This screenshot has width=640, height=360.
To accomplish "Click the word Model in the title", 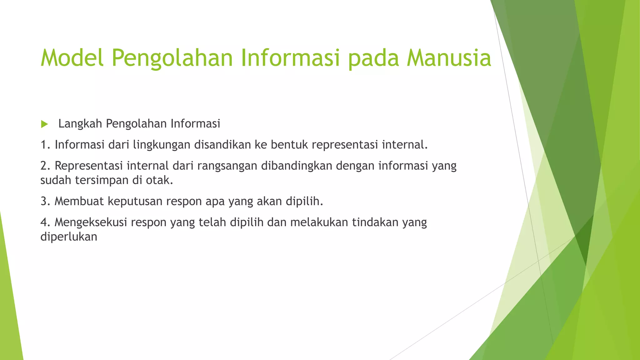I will click(72, 58).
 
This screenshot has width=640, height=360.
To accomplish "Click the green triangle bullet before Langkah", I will click(44, 124).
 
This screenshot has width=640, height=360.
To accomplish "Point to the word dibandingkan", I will click(297, 166).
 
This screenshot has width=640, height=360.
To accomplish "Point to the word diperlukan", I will click(69, 237).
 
